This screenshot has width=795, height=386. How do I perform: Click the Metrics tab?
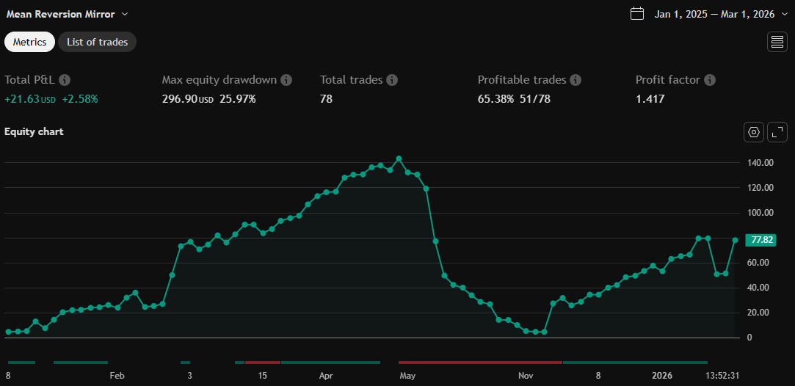29,42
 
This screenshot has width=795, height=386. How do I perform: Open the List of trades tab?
97,42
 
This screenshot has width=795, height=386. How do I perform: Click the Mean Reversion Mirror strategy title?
61,14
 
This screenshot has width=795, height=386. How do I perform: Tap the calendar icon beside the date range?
637,14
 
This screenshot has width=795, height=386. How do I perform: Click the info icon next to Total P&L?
65,80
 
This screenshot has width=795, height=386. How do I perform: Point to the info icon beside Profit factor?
710,80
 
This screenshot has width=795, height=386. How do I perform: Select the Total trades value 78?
326,98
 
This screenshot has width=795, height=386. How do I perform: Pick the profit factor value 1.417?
650,98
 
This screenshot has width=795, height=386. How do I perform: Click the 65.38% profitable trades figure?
495,98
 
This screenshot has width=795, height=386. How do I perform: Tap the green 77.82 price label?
760,240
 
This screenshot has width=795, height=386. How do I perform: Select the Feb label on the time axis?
117,376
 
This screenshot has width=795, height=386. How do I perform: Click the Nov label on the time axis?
526,376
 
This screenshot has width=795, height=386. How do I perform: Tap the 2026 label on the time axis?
662,376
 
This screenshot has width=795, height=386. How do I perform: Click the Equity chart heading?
34,132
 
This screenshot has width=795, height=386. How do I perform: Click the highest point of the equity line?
399,159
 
